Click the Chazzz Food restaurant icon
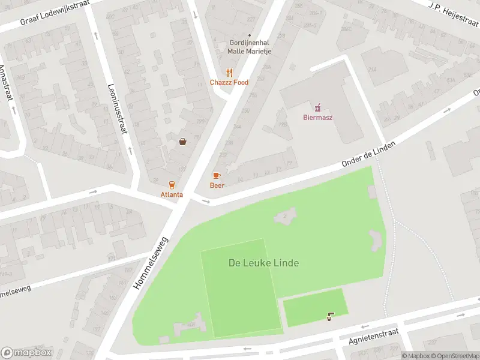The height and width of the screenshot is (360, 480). click(229, 73)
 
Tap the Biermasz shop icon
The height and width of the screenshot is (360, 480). click(317, 107)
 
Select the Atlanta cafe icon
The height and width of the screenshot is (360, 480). click(172, 185)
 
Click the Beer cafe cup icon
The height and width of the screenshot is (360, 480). click(217, 175)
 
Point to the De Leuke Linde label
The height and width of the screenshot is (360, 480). click(263, 263)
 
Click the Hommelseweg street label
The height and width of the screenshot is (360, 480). click(151, 263)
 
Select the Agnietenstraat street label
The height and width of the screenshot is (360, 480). click(374, 338)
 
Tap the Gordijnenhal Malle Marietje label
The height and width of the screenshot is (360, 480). click(249, 47)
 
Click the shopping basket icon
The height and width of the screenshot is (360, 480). click(182, 142)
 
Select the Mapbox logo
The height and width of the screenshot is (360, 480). click(26, 352)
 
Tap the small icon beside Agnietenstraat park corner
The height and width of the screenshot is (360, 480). click(330, 316)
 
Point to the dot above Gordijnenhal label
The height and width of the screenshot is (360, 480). click(250, 35)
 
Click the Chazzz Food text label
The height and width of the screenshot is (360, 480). click(229, 83)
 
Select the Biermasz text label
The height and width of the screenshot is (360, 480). click(317, 118)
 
